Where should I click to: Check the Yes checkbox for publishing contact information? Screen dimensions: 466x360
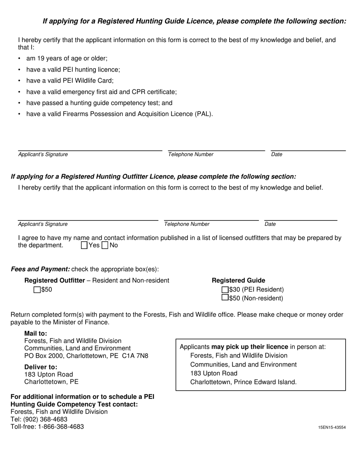coord(84,246)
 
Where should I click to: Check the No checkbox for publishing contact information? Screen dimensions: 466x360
coord(105,246)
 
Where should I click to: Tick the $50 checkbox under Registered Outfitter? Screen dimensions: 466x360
coord(37,290)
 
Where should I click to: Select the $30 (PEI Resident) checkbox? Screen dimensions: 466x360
coord(225,290)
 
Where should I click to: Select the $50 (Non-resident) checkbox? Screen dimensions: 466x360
coord(225,298)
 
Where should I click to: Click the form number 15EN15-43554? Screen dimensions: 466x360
coord(332,427)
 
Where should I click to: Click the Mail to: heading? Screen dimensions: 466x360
coord(36,333)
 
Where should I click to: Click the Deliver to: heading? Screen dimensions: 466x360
coord(41,367)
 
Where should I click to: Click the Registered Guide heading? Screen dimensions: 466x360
coord(238,280)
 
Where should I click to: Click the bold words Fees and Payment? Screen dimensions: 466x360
coord(40,269)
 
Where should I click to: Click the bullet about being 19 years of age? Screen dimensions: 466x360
coord(67,59)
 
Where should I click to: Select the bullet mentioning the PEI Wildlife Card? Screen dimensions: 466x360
coord(70,81)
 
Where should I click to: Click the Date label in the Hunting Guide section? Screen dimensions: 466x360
coord(277,155)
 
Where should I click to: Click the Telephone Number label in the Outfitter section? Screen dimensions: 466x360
coord(186,224)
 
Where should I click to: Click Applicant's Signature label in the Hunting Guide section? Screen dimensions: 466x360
coord(43,155)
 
